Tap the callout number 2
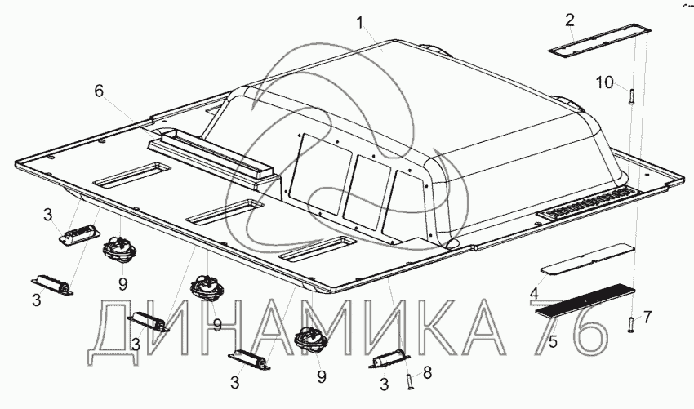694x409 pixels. coord(570,20)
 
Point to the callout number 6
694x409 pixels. coord(99,91)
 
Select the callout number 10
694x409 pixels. coord(604,82)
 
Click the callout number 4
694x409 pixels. coord(535,293)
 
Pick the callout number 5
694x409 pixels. coord(553,341)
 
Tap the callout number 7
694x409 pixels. coord(647,317)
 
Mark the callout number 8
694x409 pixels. coord(427,373)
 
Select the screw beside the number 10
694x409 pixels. coord(630,96)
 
